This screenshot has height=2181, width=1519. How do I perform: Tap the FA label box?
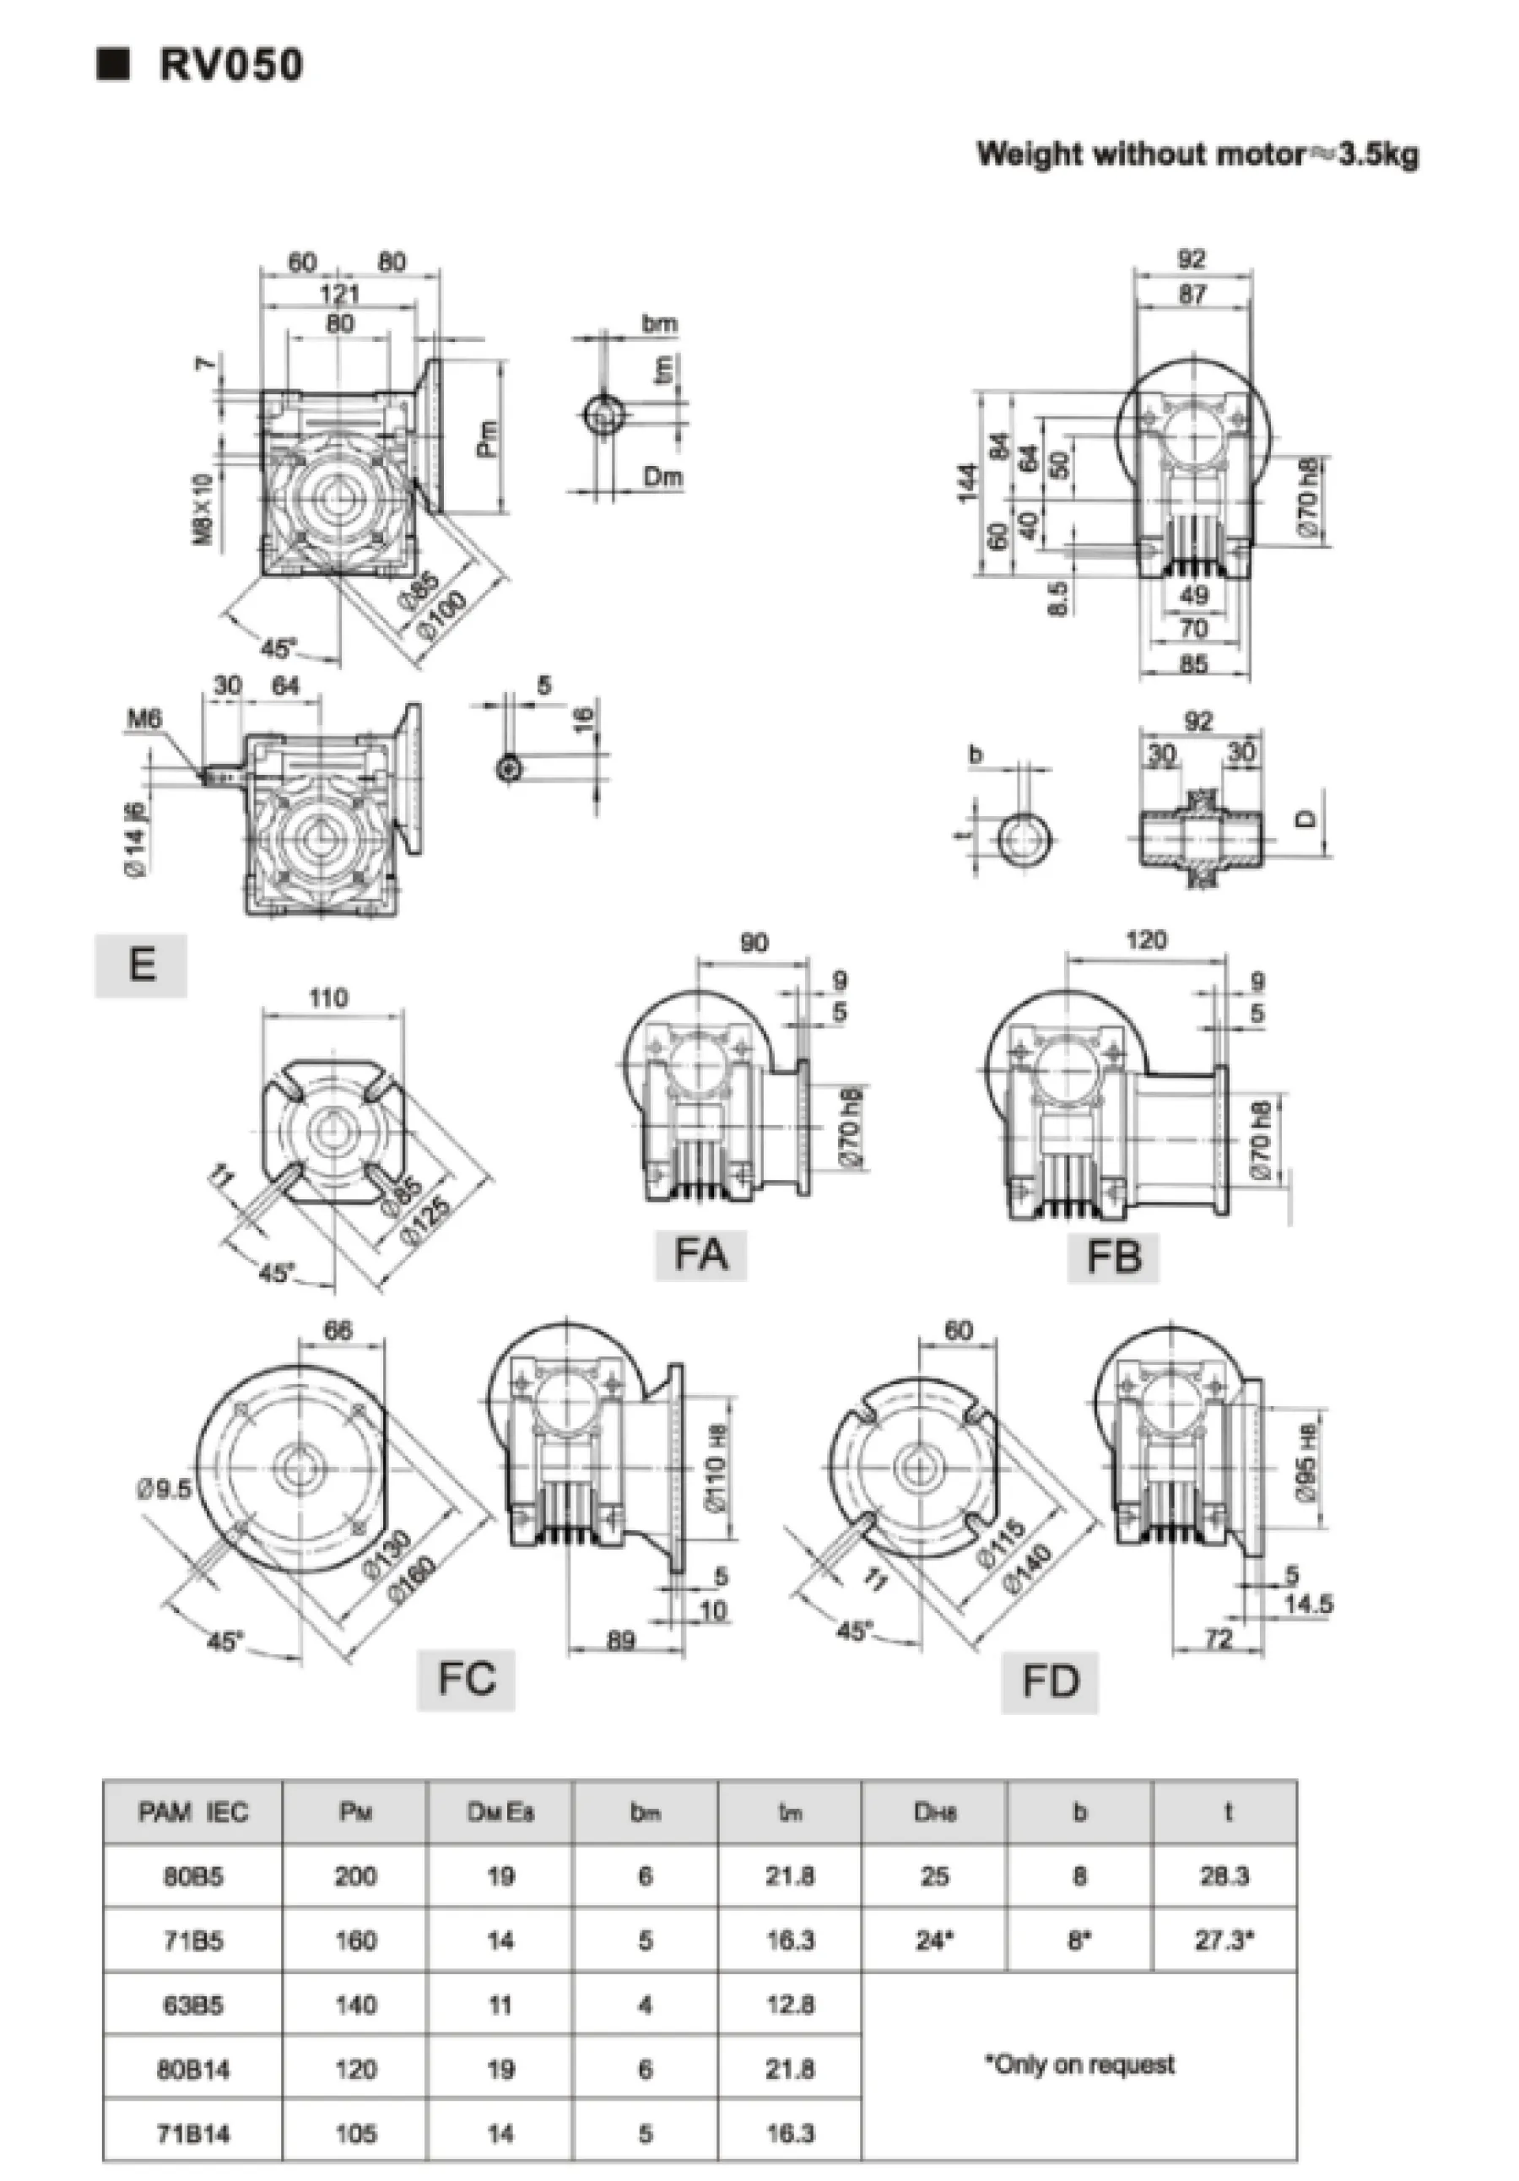tap(700, 1254)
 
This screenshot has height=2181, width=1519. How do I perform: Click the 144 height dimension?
tap(967, 483)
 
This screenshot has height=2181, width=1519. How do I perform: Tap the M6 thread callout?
tap(144, 719)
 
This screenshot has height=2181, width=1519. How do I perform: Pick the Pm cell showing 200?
tap(355, 1876)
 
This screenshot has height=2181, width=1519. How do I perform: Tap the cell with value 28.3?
tap(1224, 1876)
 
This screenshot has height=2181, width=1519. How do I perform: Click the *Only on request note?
tap(1079, 2063)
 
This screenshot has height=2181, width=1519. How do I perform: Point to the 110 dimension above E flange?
tap(327, 998)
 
